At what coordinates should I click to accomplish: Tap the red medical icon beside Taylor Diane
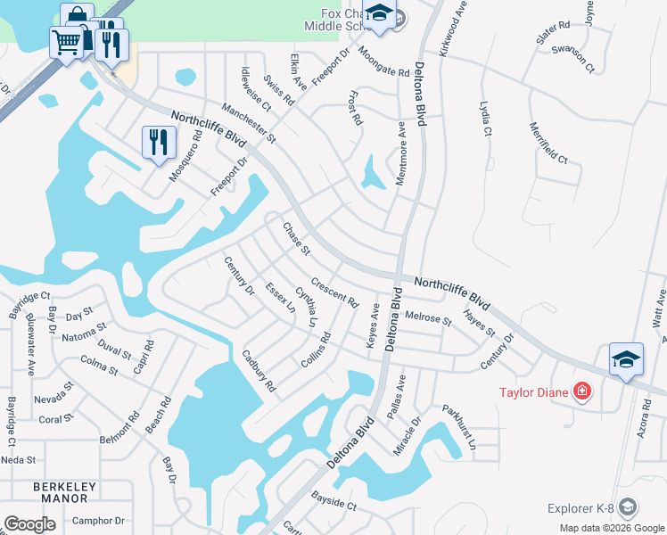point(582,391)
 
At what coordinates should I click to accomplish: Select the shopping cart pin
point(66,41)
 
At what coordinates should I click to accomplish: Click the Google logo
point(29,524)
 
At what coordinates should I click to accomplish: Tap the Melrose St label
point(428,318)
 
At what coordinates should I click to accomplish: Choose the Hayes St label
point(480,323)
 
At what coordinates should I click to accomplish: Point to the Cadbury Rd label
point(259,371)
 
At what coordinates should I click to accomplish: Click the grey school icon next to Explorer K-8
point(628,507)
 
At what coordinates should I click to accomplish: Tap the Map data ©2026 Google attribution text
point(612,528)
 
